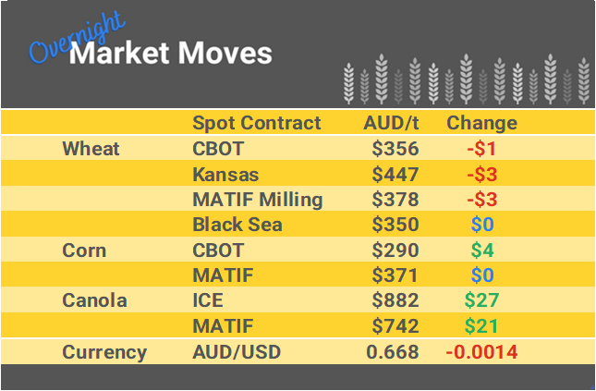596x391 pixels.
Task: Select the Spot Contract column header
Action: click(x=256, y=123)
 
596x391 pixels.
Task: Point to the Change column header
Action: click(x=481, y=123)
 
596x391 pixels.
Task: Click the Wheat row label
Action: click(x=91, y=149)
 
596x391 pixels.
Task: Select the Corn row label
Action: click(x=84, y=250)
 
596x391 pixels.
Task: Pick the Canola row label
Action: click(x=93, y=300)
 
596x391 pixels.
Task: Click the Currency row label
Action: click(x=103, y=352)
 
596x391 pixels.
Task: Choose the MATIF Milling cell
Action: click(x=257, y=200)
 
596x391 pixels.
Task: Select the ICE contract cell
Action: click(x=208, y=300)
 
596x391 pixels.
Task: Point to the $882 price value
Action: click(x=395, y=300)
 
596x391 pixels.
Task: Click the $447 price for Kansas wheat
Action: click(x=395, y=174)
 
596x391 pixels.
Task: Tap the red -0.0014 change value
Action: click(x=481, y=352)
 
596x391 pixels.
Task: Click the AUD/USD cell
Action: click(x=236, y=352)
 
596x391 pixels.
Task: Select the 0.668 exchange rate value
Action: click(x=393, y=352)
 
